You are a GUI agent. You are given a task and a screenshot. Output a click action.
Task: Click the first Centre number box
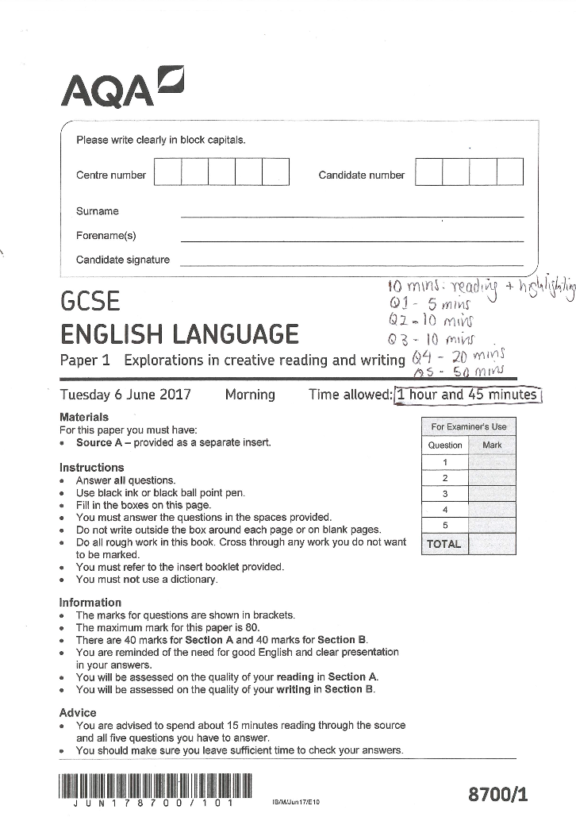pyautogui.click(x=167, y=172)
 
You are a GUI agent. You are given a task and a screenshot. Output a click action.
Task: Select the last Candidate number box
pyautogui.click(x=509, y=172)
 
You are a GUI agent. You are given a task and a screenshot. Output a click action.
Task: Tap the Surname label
pyautogui.click(x=98, y=211)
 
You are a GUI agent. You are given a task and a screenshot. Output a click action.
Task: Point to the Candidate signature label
pyautogui.click(x=123, y=260)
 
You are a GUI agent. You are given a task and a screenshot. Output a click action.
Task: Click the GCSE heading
pyautogui.click(x=90, y=303)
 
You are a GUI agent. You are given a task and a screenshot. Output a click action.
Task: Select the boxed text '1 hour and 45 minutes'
pyautogui.click(x=467, y=395)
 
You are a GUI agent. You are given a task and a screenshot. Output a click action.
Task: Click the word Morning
pyautogui.click(x=250, y=395)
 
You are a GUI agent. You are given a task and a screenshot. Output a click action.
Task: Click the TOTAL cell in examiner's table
pyautogui.click(x=444, y=544)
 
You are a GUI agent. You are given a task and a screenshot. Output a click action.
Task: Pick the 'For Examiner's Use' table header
pyautogui.click(x=469, y=426)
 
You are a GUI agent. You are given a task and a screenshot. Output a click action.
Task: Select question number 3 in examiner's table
pyautogui.click(x=445, y=494)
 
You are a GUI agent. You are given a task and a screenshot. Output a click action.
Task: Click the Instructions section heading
pyautogui.click(x=92, y=468)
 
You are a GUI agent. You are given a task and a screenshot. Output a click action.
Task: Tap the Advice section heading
pyautogui.click(x=78, y=712)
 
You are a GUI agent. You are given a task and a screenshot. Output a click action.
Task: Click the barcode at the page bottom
pyautogui.click(x=154, y=786)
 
